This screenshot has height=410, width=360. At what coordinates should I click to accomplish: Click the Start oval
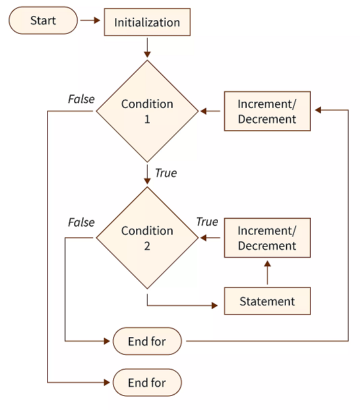coord(42,21)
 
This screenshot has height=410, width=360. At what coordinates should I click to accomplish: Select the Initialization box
coord(147,22)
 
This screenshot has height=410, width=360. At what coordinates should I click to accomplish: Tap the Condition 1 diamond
coord(147,111)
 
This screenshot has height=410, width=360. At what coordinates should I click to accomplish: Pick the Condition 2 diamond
coord(147,237)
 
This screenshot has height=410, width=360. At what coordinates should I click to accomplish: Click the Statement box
coord(267,301)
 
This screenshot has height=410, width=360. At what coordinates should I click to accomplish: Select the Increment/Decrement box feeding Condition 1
coord(267,111)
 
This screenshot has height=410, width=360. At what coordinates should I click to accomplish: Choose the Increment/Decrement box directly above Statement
coord(267,237)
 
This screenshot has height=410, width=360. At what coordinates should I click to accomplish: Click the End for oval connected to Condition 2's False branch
coord(147,341)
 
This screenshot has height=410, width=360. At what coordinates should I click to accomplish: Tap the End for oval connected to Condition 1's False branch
coord(147,382)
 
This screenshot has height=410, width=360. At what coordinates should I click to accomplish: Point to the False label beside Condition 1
coord(81,99)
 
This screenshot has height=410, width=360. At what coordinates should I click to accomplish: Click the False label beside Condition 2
coord(81,223)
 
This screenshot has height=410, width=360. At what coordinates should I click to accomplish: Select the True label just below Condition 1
coord(166,173)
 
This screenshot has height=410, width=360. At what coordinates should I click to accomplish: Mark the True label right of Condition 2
coord(207,222)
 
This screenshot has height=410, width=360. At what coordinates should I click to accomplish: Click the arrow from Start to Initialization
coord(90,21)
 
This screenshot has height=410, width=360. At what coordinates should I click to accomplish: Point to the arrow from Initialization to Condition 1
coord(147,48)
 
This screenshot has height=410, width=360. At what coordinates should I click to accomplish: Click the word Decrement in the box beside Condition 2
coord(267,245)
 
